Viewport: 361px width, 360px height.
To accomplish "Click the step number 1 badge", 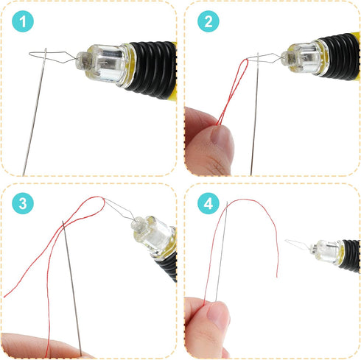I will (x=24, y=24).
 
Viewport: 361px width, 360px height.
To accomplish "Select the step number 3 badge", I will (x=24, y=205).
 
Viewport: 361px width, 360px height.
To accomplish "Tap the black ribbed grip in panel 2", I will (x=340, y=48).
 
